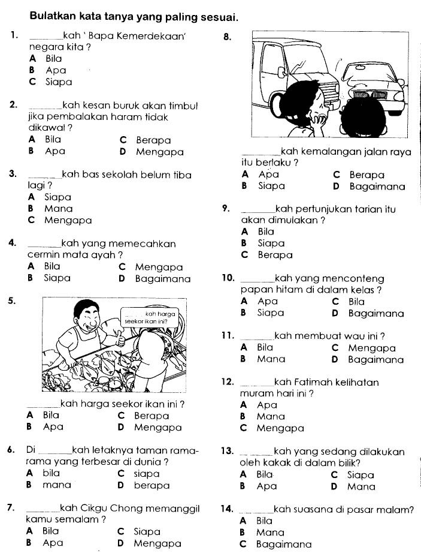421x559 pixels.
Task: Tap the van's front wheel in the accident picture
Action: tap(280, 101)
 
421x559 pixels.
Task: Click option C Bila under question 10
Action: tap(356, 302)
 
